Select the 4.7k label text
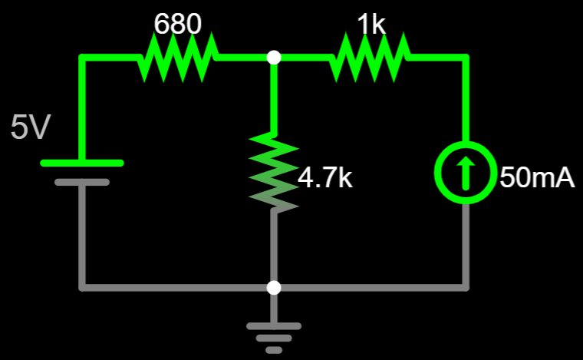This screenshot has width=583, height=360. point(324,178)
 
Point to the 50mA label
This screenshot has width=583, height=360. point(537,178)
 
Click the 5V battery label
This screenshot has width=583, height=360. point(30,128)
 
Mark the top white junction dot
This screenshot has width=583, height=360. point(274,58)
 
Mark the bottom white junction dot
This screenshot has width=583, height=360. point(274,288)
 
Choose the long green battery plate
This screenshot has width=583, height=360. point(81,163)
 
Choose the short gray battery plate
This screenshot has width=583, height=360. point(81,183)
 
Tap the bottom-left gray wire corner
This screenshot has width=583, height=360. point(82,288)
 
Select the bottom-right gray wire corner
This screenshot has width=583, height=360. point(466,288)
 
